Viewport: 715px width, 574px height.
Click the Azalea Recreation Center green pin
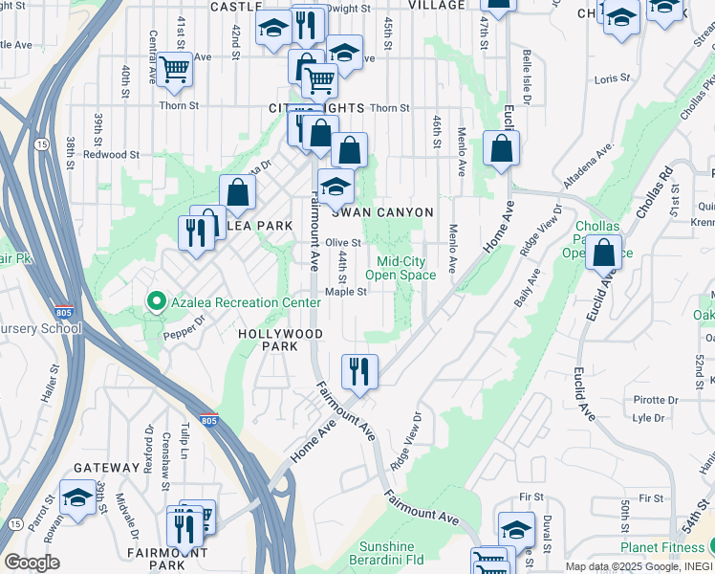155,302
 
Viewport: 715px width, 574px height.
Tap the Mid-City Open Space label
406,268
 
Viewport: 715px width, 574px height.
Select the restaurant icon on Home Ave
359,370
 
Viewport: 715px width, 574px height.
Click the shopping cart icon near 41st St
174,70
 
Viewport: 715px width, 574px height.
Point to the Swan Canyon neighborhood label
382,211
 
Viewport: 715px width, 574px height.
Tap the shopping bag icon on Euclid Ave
502,149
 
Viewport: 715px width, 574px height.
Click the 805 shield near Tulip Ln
209,420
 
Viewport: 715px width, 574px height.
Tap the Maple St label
346,293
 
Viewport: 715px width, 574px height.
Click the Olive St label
343,243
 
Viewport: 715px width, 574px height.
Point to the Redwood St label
111,154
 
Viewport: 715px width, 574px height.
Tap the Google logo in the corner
32,563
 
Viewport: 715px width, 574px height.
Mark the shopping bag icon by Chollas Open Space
604,254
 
